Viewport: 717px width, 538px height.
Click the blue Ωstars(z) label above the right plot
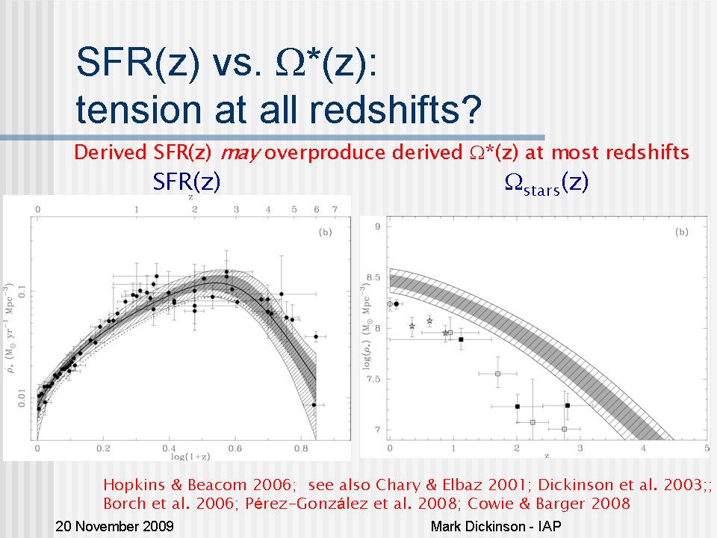pyautogui.click(x=546, y=183)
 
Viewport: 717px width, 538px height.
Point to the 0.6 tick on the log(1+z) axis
pyautogui.click(x=235, y=448)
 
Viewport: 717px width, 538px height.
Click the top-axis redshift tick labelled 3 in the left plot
pyautogui.click(x=236, y=209)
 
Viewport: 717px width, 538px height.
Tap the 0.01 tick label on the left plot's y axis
pyautogui.click(x=22, y=399)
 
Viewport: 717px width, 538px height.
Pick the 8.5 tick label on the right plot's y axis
pyautogui.click(x=373, y=277)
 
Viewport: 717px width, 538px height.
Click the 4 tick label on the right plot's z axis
pyautogui.click(x=643, y=448)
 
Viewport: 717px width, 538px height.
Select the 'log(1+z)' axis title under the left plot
pyautogui.click(x=190, y=457)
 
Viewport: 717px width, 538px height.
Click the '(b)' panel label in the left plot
pyautogui.click(x=325, y=232)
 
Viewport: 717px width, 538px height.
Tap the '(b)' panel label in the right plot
pyautogui.click(x=681, y=232)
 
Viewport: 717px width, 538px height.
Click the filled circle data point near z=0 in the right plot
pyautogui.click(x=397, y=304)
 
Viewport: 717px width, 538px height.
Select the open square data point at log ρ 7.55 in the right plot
pyautogui.click(x=498, y=374)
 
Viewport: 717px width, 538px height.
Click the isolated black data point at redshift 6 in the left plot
pyautogui.click(x=315, y=337)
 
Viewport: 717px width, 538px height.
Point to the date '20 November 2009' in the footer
pyautogui.click(x=114, y=526)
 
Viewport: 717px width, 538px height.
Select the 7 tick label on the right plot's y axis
pyautogui.click(x=377, y=430)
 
